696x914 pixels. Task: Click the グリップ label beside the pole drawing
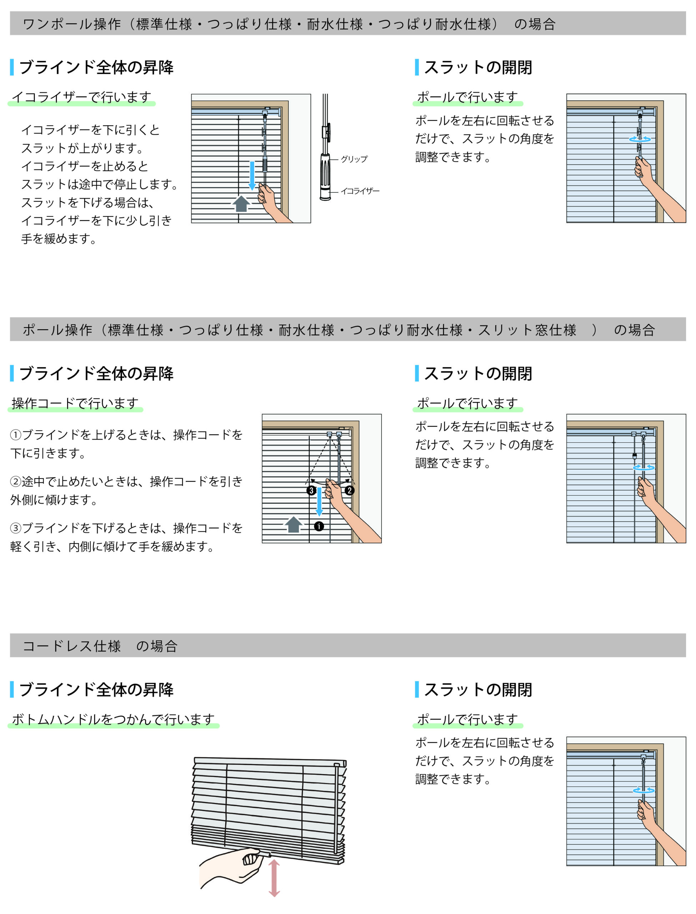click(354, 159)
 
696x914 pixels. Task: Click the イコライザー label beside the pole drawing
click(360, 191)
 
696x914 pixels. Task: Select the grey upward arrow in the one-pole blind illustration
click(241, 204)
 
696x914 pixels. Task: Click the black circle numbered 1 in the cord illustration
click(319, 526)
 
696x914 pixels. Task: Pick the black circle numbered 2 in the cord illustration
click(350, 491)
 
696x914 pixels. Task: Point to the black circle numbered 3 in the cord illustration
click(312, 491)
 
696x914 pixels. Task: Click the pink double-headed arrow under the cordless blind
click(274, 878)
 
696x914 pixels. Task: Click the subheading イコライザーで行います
click(82, 97)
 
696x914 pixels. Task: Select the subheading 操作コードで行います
click(75, 403)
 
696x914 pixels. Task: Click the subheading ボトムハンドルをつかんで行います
click(113, 719)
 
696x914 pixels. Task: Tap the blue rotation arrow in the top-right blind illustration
click(640, 139)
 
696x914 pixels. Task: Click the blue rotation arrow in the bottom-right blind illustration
click(644, 790)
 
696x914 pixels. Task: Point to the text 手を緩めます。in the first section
click(59, 239)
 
